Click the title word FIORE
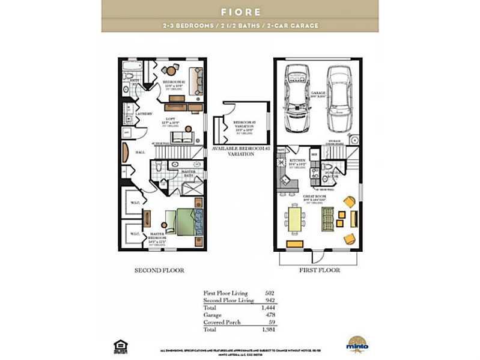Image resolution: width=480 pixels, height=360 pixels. [240, 11]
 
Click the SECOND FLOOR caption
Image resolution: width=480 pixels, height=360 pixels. [159, 270]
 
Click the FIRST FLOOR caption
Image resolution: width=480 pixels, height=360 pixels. [320, 270]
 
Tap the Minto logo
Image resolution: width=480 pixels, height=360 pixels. [357, 343]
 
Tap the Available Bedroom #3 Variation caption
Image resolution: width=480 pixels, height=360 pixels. [232, 151]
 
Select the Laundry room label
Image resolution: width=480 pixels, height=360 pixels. [144, 114]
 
